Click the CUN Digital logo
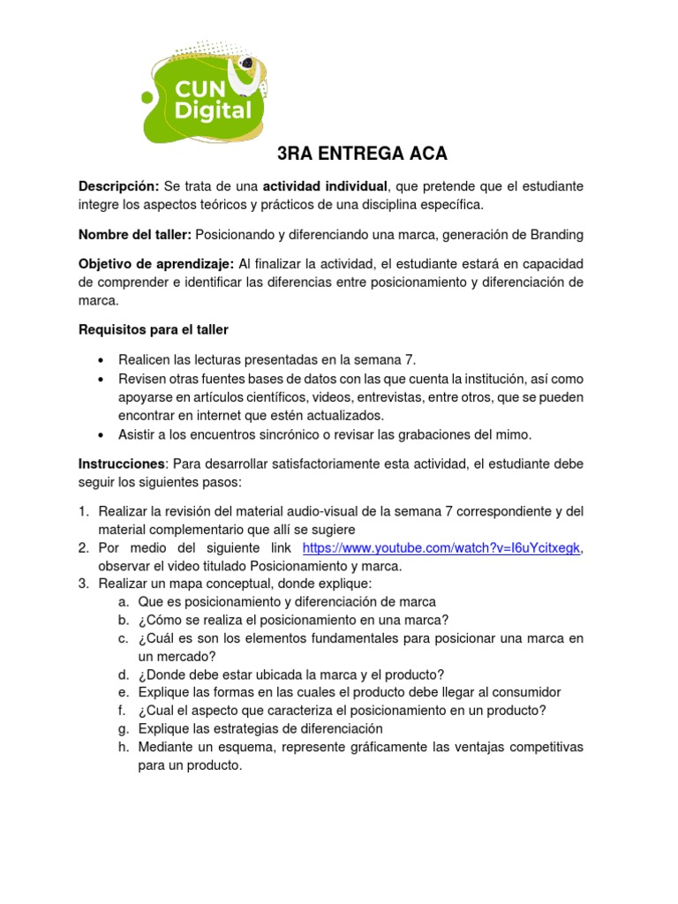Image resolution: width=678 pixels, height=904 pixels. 202,95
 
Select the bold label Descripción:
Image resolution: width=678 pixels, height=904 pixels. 119,186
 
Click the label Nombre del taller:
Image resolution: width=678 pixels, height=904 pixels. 135,234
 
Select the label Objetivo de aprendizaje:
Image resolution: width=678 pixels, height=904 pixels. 156,264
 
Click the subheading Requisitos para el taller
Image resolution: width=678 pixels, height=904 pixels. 154,329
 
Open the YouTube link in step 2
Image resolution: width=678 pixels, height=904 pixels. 441,547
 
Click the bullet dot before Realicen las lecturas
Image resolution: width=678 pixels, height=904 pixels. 103,359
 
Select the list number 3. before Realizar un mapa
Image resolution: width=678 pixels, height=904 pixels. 84,584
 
